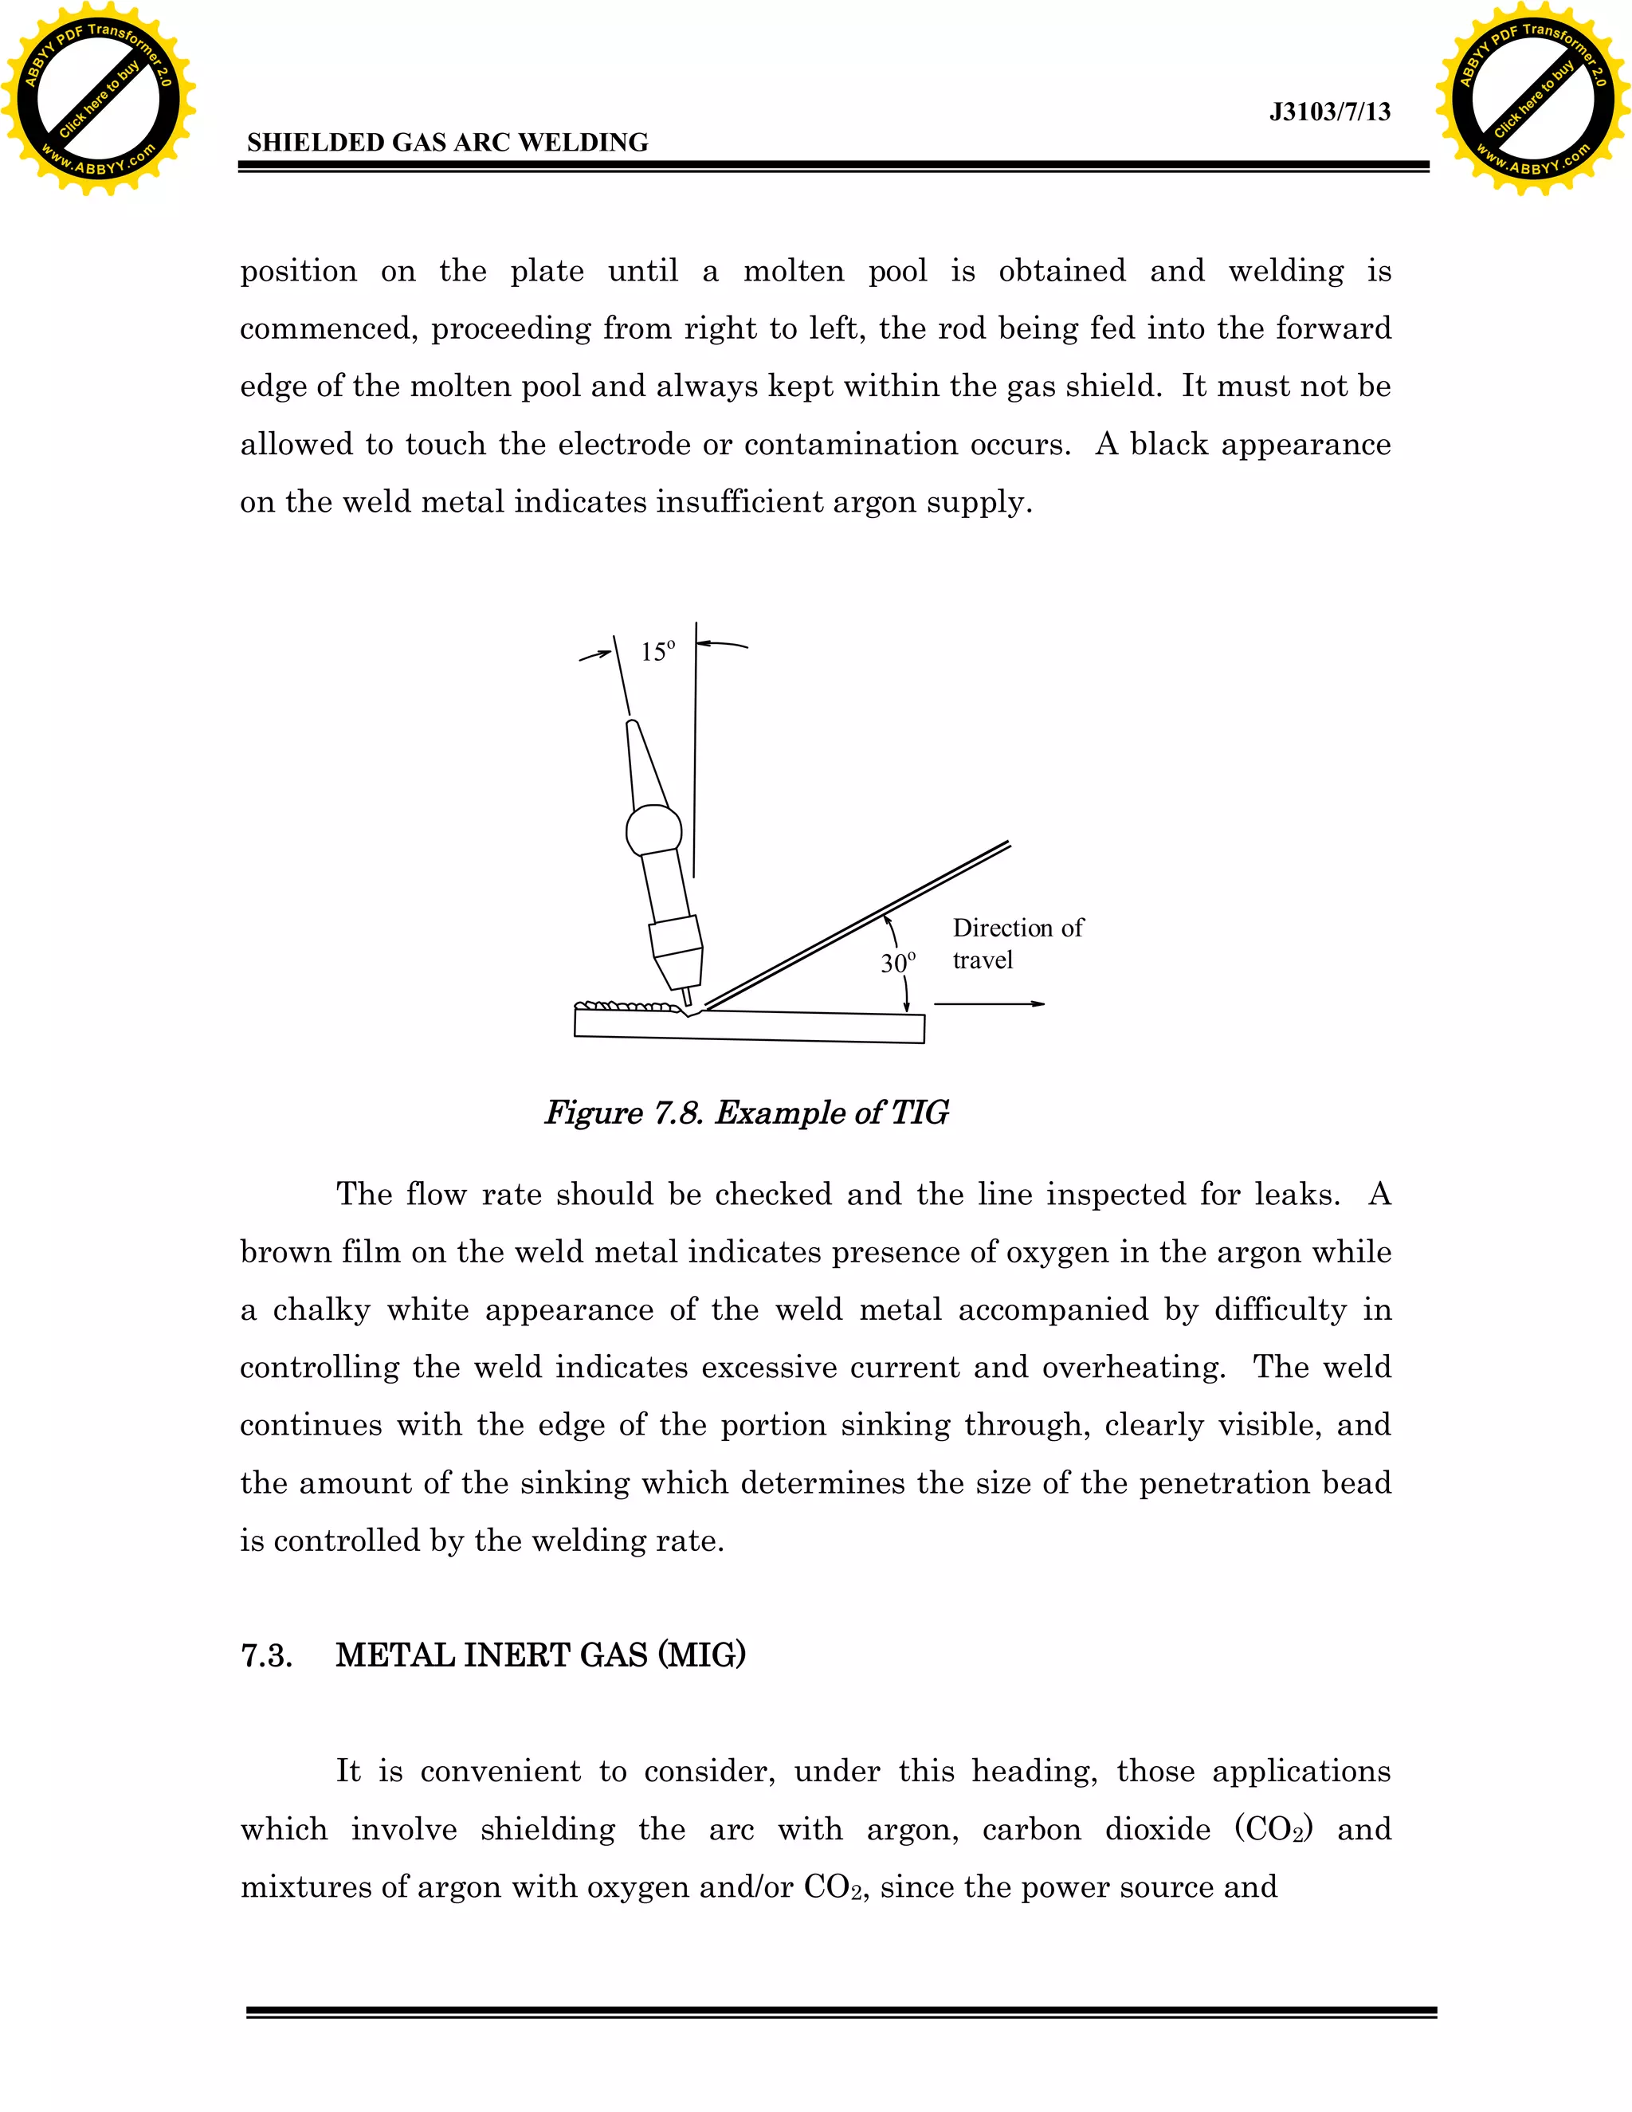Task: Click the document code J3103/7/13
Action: [x=1329, y=112]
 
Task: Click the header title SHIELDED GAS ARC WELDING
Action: [x=448, y=143]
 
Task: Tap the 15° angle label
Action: [x=657, y=652]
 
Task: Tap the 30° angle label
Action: [x=897, y=964]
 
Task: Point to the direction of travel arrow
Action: [x=989, y=1003]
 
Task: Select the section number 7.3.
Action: [x=266, y=1655]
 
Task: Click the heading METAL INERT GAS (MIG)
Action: [x=540, y=1655]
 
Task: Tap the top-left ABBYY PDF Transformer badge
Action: [x=99, y=99]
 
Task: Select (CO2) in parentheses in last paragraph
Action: [x=1273, y=1830]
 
